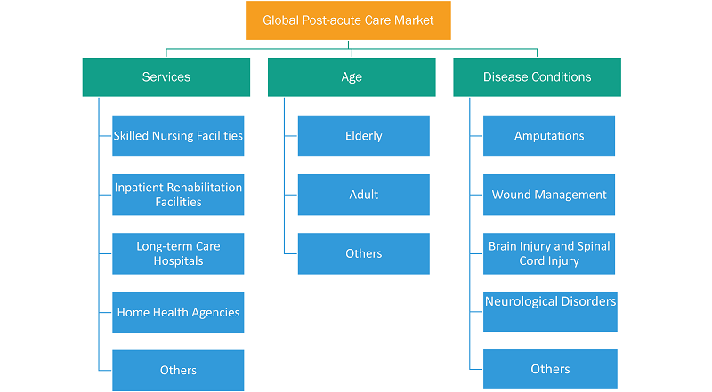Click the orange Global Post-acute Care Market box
click(x=348, y=20)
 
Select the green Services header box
click(x=166, y=77)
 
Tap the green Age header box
click(x=352, y=77)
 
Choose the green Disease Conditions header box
click(x=538, y=77)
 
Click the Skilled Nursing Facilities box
click(x=178, y=136)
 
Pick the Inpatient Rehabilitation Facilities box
click(x=178, y=195)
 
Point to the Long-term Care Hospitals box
click(x=178, y=253)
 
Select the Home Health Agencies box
click(x=178, y=313)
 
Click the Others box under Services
click(x=178, y=370)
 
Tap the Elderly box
click(x=364, y=136)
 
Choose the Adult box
click(x=364, y=195)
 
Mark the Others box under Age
click(x=364, y=253)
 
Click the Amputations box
click(x=549, y=136)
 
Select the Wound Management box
click(x=549, y=195)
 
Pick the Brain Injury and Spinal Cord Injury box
click(x=549, y=253)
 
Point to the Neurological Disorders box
click(x=550, y=312)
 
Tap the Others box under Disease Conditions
click(x=550, y=369)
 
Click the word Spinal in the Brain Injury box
click(x=594, y=246)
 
